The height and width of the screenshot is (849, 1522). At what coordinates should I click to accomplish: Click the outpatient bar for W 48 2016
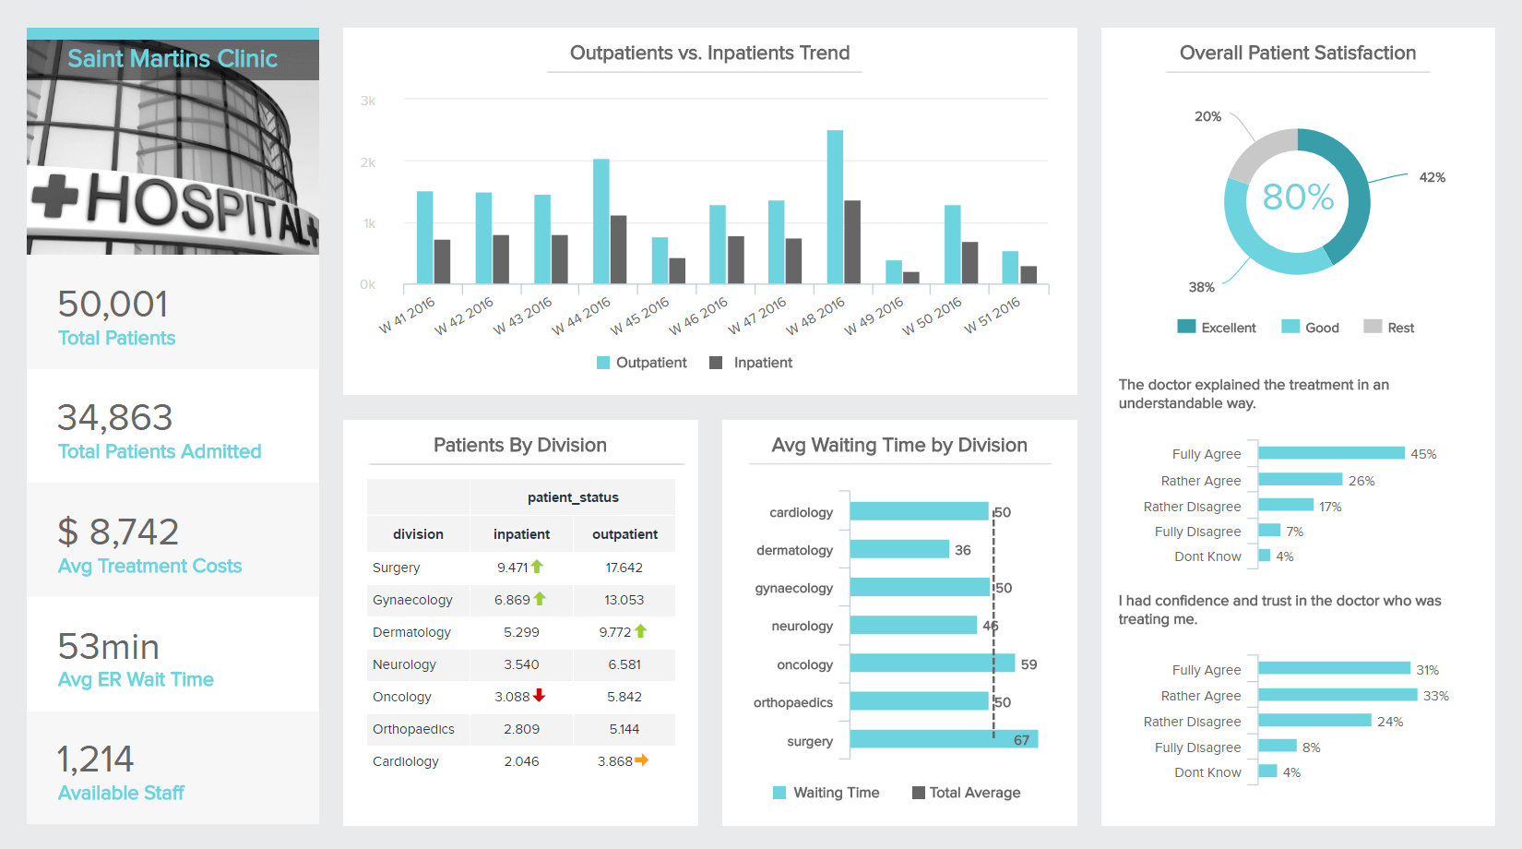[x=835, y=207]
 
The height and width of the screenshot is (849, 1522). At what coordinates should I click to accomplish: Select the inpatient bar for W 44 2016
[x=618, y=249]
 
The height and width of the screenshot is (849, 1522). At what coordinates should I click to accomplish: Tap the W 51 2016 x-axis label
[x=993, y=316]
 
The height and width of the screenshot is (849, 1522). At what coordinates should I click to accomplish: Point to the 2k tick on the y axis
[x=368, y=162]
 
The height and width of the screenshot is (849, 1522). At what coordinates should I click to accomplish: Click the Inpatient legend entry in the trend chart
[x=751, y=363]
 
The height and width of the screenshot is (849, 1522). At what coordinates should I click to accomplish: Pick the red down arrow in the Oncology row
[x=540, y=695]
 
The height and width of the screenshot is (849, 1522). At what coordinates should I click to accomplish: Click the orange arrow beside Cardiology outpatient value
[x=642, y=760]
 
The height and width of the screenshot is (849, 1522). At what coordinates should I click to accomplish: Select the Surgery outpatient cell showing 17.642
[x=624, y=568]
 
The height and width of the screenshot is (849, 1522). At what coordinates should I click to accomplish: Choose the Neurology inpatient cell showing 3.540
[x=521, y=664]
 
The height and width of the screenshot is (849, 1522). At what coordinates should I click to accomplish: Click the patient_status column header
[x=573, y=497]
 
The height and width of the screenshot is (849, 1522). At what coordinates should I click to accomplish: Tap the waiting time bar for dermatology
[x=899, y=549]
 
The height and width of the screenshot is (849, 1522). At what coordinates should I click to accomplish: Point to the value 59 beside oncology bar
[x=1029, y=664]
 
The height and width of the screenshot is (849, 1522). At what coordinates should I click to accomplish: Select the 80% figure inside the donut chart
[x=1297, y=197]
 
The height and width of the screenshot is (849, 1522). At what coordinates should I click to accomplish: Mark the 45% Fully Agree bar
[x=1331, y=453]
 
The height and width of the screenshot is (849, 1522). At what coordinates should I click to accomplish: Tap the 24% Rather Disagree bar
[x=1314, y=721]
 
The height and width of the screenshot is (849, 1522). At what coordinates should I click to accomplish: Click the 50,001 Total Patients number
[x=113, y=305]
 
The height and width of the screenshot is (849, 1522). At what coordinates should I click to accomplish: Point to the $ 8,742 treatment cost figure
[x=118, y=532]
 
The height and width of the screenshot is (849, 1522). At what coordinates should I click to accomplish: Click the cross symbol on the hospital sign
[x=55, y=196]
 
